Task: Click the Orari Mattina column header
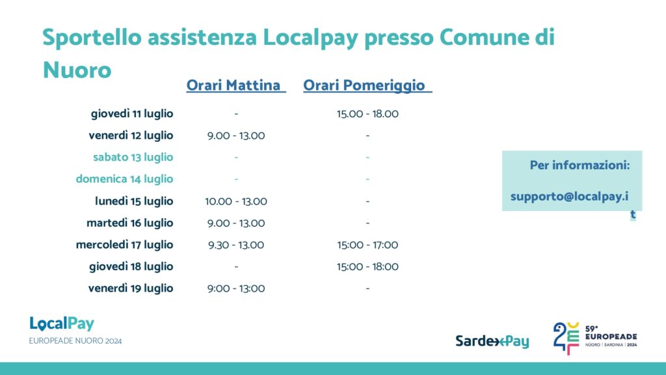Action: [x=235, y=85]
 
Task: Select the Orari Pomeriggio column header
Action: [x=367, y=85]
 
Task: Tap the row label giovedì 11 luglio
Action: [x=132, y=114]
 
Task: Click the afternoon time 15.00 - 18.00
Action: [x=368, y=114]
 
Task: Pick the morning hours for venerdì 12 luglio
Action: [x=236, y=135]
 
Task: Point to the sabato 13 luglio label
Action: [x=133, y=158]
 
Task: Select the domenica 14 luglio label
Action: [x=124, y=179]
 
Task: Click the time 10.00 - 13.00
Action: [x=236, y=201]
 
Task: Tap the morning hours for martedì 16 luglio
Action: [x=236, y=223]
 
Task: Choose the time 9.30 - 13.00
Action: [x=236, y=245]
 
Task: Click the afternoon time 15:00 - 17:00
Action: [x=368, y=245]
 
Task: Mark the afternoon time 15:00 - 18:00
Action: [x=368, y=266]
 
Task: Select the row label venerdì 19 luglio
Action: [x=131, y=288]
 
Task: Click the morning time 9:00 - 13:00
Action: [x=236, y=288]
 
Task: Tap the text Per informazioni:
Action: [x=579, y=165]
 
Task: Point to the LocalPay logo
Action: [x=62, y=324]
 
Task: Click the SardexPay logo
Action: [x=492, y=341]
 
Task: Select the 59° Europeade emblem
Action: [x=594, y=338]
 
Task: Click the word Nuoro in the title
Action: [x=77, y=70]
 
